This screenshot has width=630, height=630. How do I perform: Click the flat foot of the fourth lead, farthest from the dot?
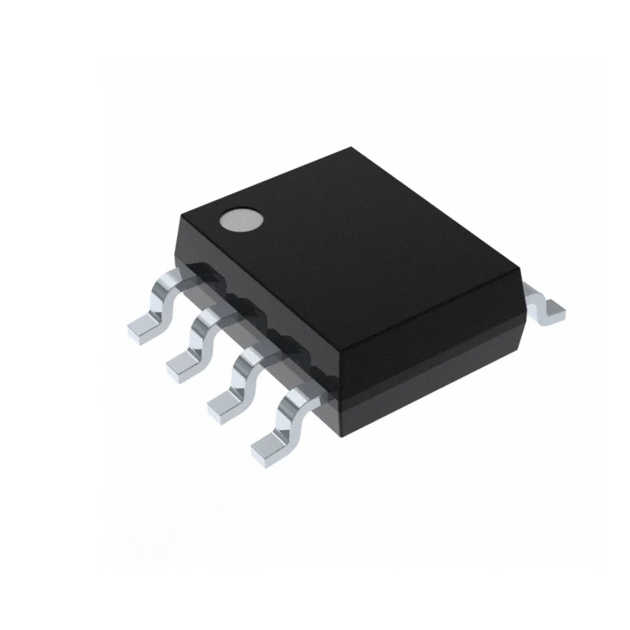click(x=268, y=447)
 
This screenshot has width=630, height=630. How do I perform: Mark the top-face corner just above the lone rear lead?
click(x=521, y=272)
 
